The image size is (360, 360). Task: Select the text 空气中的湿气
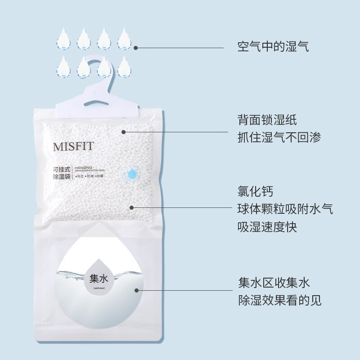tap(274, 47)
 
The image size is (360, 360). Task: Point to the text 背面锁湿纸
tap(267, 120)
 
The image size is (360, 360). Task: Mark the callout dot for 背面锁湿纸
tap(124, 131)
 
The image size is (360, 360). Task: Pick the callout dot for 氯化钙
tap(132, 207)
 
